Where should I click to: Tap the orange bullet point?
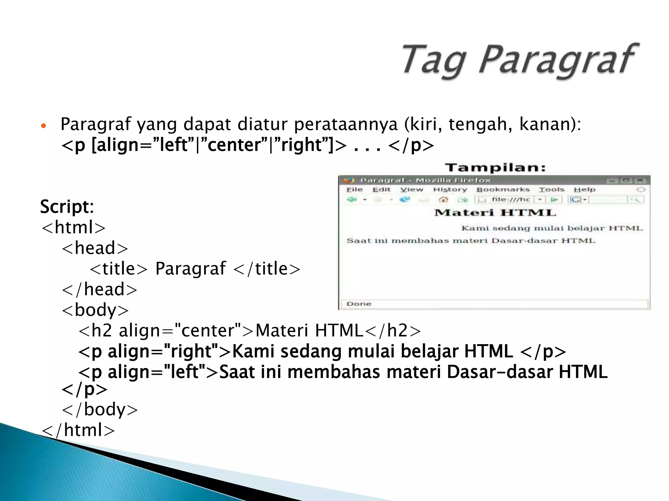(x=43, y=126)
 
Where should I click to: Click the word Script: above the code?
(x=67, y=206)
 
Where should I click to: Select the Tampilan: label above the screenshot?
(x=495, y=168)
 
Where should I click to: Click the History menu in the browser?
(x=450, y=190)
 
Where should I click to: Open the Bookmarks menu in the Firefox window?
(x=503, y=190)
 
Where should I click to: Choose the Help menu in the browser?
(x=584, y=190)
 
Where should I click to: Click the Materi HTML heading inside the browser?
(x=495, y=213)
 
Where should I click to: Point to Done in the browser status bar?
(x=359, y=304)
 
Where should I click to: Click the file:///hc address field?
(x=510, y=199)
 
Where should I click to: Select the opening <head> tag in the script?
(x=95, y=248)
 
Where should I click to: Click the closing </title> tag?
(x=267, y=269)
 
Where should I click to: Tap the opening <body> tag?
(x=95, y=310)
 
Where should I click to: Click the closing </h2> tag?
(x=392, y=330)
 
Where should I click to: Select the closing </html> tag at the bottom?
(x=78, y=430)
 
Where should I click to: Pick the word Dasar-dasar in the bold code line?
(x=499, y=372)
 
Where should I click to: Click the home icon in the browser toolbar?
(x=443, y=199)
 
